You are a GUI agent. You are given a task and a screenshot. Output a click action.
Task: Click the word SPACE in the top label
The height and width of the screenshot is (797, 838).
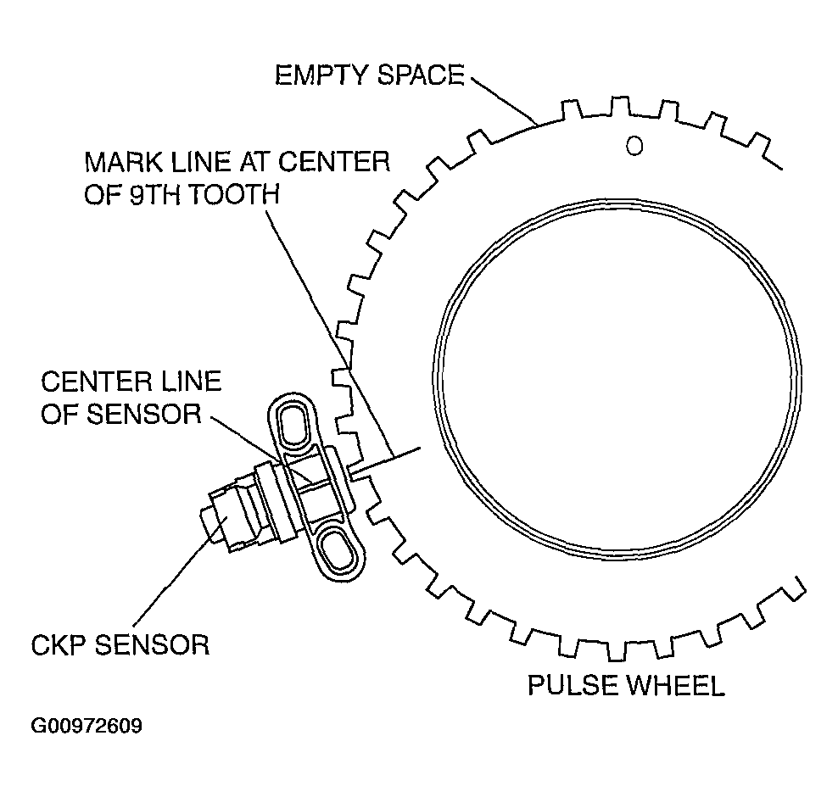(x=422, y=75)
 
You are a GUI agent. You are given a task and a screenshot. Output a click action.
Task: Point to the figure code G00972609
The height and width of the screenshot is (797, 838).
(x=87, y=727)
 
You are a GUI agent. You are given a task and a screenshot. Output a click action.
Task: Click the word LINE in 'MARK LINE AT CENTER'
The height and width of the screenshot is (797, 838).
(x=197, y=161)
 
